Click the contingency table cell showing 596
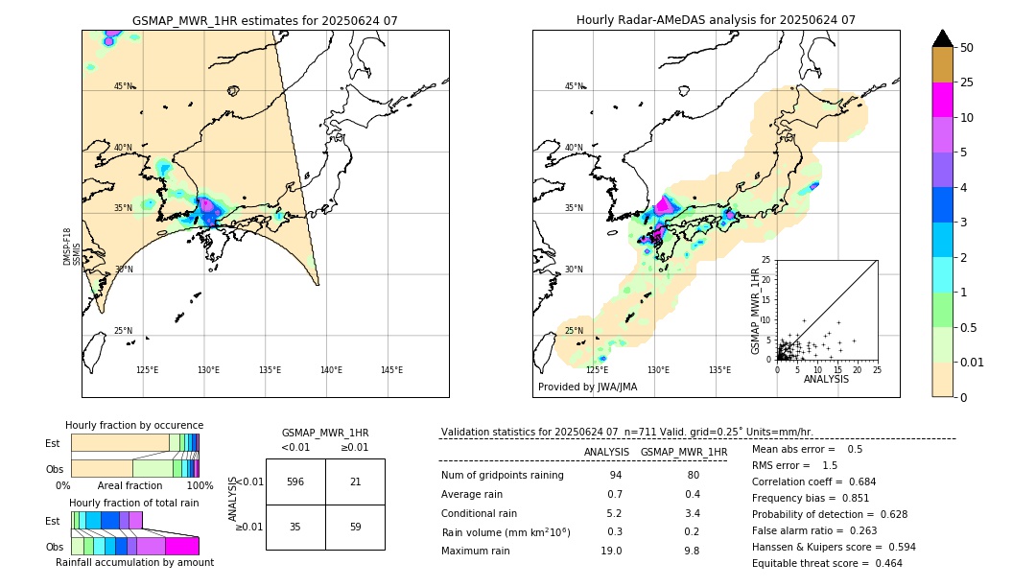(295, 481)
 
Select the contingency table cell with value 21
(355, 481)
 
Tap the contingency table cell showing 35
(295, 527)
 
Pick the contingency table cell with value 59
(355, 527)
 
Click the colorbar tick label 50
(967, 48)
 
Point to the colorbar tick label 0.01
(972, 362)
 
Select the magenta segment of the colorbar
(942, 100)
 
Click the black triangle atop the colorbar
(942, 38)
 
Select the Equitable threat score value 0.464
(883, 563)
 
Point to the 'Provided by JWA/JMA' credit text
(587, 387)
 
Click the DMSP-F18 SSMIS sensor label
(71, 247)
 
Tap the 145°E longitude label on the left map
(391, 370)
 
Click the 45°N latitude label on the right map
(574, 86)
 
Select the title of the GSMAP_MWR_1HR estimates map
(265, 20)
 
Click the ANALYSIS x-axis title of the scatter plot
(826, 379)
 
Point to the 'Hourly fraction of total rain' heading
(133, 503)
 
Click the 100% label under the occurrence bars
(200, 485)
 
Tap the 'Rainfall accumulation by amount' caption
(134, 562)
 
